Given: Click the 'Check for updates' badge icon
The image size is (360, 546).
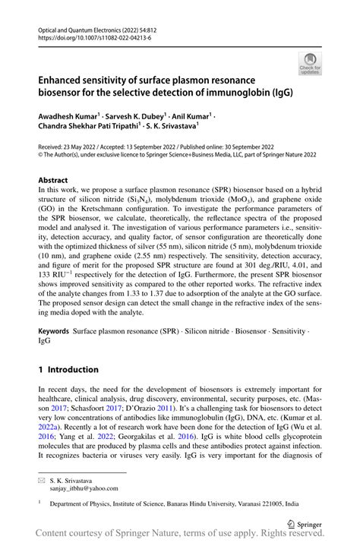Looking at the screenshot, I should [309, 65].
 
